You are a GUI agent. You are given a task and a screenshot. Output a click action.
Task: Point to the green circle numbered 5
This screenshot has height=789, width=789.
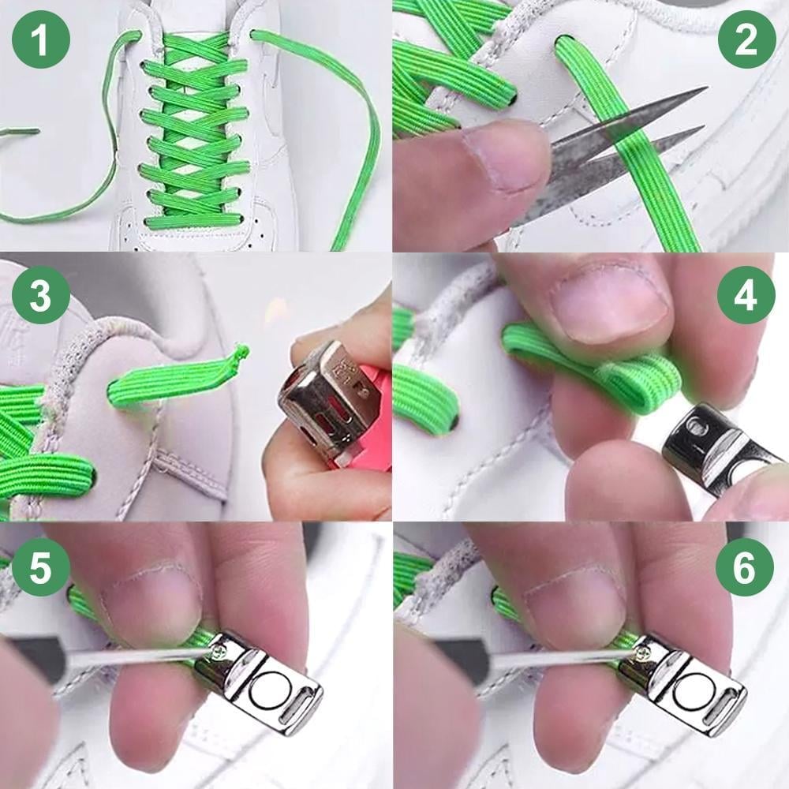41,567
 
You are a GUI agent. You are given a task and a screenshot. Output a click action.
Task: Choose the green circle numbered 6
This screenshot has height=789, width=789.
746,567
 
